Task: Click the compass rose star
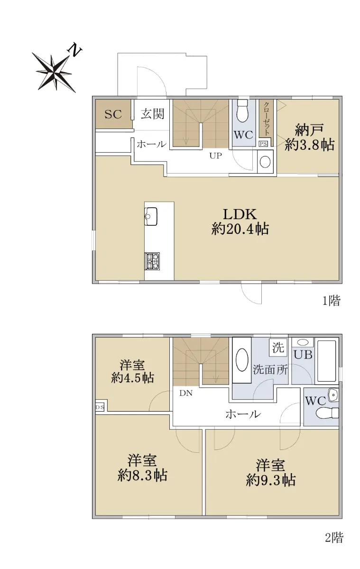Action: [x=54, y=73]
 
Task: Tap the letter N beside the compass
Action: [x=74, y=50]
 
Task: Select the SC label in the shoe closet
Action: [x=113, y=114]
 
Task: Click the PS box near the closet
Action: [x=263, y=144]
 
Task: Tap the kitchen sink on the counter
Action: [x=151, y=216]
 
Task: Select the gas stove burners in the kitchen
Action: [x=152, y=261]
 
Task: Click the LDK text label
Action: [x=240, y=214]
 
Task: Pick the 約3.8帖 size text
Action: [x=309, y=146]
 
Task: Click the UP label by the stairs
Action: [x=215, y=156]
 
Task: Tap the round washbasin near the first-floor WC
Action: [x=265, y=162]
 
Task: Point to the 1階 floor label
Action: [x=331, y=301]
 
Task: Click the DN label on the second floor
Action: [x=186, y=393]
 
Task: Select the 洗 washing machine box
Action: [x=278, y=348]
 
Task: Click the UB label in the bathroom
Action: [x=303, y=354]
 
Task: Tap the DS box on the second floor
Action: [x=100, y=407]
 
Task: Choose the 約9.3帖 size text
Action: [x=270, y=480]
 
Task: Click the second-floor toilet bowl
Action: [x=327, y=413]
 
